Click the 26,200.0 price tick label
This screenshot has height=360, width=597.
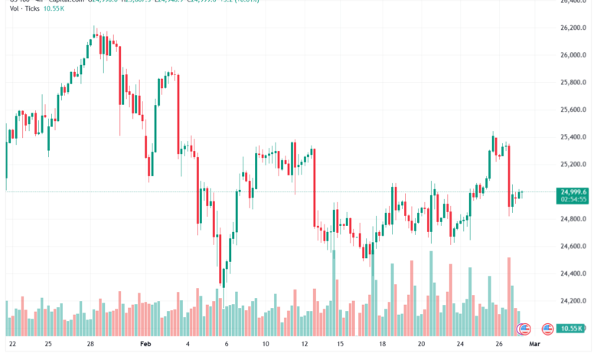click(573, 28)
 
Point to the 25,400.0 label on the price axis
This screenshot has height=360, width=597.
click(573, 137)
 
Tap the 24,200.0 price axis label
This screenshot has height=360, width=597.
click(573, 301)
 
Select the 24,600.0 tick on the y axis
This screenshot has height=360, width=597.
click(573, 247)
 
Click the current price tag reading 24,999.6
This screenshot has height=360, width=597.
click(573, 192)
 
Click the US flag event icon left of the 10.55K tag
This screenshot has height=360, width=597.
click(547, 329)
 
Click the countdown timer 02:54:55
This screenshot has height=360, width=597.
click(573, 200)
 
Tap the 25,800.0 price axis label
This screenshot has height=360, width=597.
click(573, 83)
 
